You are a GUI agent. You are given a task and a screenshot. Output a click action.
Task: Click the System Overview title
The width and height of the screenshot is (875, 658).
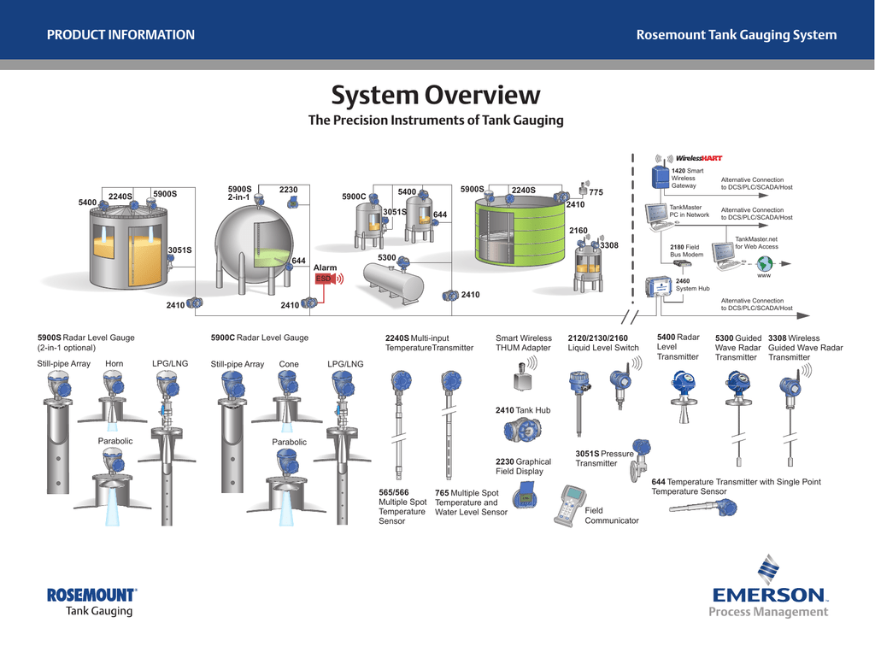tap(436, 95)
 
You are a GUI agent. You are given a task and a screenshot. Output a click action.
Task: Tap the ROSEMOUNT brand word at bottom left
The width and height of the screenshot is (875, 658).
tap(91, 595)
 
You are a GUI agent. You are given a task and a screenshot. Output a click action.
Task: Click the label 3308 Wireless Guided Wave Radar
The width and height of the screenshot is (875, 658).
tap(805, 348)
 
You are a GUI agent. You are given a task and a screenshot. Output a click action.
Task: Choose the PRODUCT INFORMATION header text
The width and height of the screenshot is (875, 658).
tap(120, 35)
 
